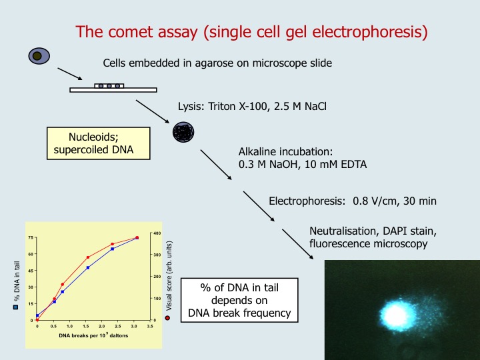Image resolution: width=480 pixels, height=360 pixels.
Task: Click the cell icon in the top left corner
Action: tap(39, 57)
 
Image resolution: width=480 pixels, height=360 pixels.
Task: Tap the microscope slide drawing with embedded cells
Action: tap(113, 88)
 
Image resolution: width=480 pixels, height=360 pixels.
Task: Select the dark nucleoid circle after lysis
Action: tap(182, 132)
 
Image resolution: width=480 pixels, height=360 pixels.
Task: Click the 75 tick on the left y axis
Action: tap(31, 238)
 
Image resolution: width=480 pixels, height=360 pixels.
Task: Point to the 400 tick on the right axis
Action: tap(157, 233)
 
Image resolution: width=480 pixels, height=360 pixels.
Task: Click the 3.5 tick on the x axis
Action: tap(150, 327)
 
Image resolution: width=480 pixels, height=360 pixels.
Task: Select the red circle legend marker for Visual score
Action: tap(168, 317)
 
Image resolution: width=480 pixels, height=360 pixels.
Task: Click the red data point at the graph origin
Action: tap(37, 320)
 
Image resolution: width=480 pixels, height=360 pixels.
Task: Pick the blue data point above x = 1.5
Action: tap(87, 268)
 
